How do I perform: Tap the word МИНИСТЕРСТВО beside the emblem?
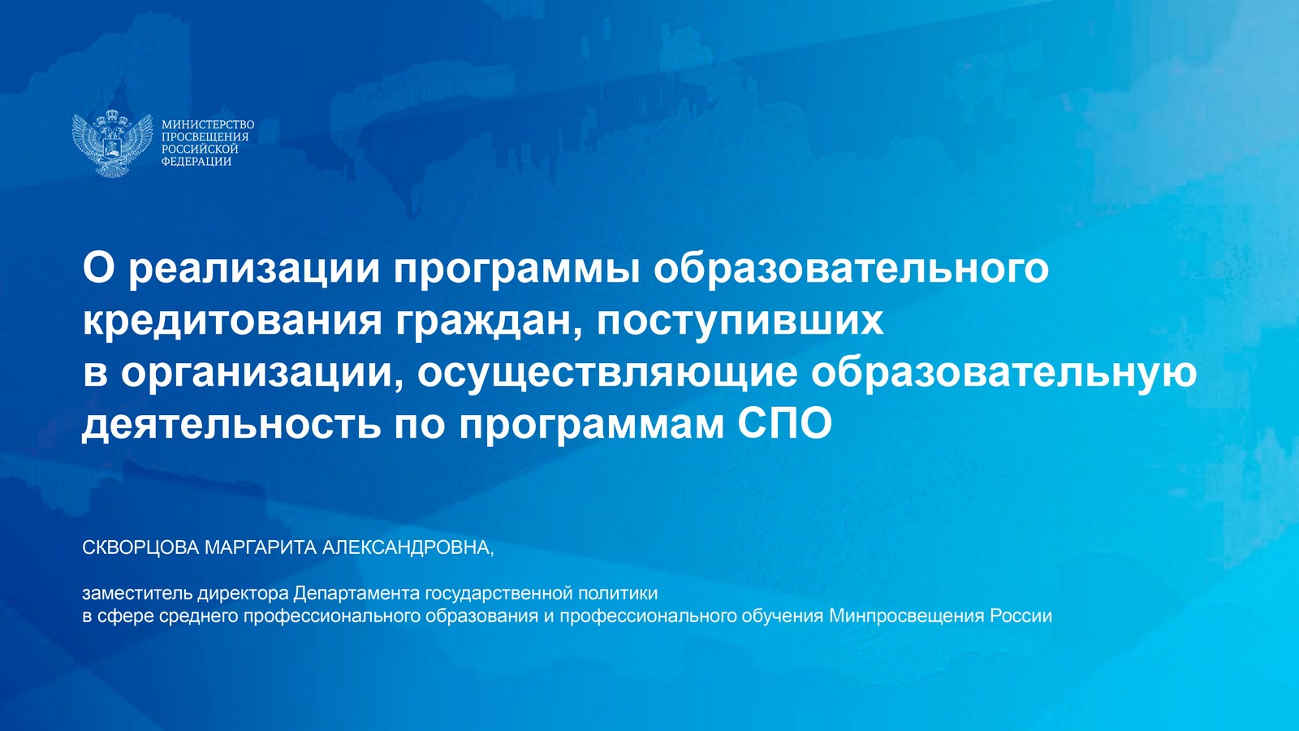[x=208, y=125]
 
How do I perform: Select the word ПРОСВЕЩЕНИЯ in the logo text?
[x=205, y=137]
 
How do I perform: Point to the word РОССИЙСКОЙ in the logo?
[x=200, y=149]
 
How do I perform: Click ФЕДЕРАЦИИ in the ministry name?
[x=196, y=162]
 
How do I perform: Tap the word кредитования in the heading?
[x=232, y=321]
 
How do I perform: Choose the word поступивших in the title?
[x=740, y=322]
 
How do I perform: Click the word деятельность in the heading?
[x=231, y=426]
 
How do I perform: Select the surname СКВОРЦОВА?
[x=141, y=547]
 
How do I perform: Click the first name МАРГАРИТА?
[x=261, y=547]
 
